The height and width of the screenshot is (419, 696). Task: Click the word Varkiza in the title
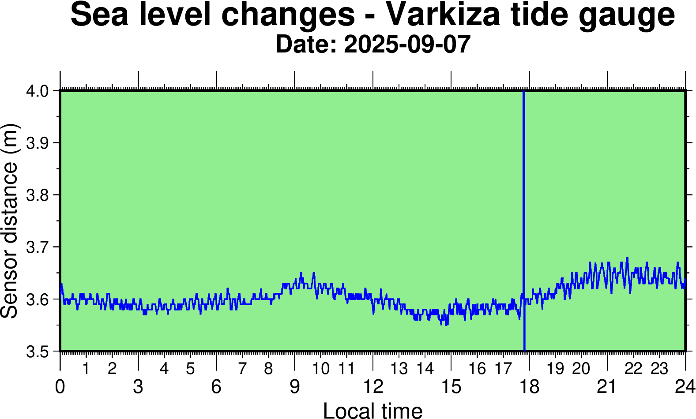(443, 14)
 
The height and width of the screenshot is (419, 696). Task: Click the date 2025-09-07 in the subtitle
(407, 45)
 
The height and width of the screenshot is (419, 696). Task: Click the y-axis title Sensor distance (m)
(10, 221)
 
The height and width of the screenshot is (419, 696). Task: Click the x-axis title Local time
(373, 410)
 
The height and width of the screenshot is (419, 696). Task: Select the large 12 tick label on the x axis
(373, 387)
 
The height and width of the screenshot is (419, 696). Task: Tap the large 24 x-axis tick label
(685, 387)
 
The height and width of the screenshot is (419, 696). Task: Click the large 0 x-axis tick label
(60, 387)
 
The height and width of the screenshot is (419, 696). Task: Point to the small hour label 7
(242, 369)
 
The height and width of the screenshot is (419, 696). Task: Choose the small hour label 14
(425, 369)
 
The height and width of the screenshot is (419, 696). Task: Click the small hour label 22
(633, 369)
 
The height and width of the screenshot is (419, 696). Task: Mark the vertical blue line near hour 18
(524, 221)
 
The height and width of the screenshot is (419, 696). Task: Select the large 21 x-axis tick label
(607, 387)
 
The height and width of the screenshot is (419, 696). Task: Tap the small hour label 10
(321, 369)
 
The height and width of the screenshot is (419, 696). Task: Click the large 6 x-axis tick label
(216, 387)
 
